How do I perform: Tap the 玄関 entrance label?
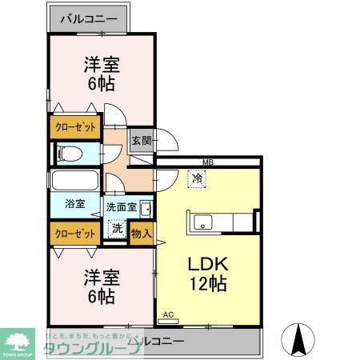point(141,138)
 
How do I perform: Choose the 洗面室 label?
point(121,206)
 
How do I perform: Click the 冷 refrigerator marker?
point(196,179)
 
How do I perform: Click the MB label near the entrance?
point(207,162)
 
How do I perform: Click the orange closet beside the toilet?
point(75,126)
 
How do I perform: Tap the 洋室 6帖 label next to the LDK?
point(100,286)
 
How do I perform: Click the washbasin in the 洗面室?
point(145,210)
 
